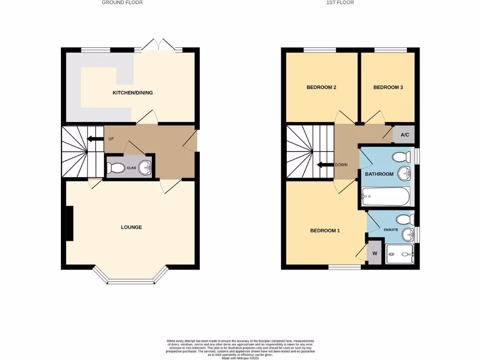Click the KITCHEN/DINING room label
[x=133, y=93]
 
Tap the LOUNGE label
[x=131, y=227]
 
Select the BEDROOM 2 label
[x=322, y=87]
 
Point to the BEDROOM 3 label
[x=388, y=87]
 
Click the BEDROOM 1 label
[x=325, y=231]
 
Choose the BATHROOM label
[x=379, y=174]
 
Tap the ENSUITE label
[x=391, y=230]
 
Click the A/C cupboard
[x=404, y=135]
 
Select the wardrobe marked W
[x=375, y=253]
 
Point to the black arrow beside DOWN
[x=325, y=165]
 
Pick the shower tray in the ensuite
[x=399, y=255]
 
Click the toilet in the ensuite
[x=405, y=219]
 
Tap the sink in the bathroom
[x=404, y=174]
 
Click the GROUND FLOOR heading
[x=122, y=3]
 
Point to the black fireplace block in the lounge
[x=69, y=224]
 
